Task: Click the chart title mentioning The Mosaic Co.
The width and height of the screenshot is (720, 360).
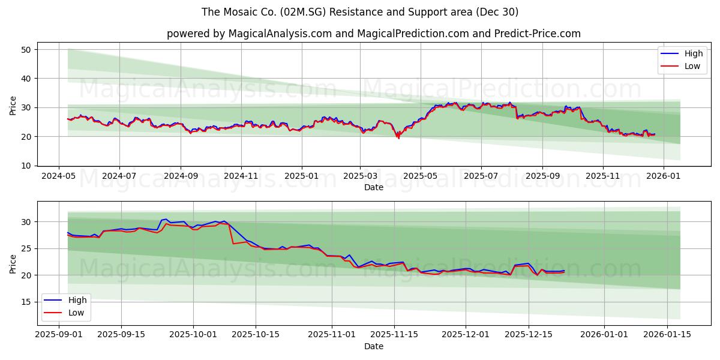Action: [360, 12]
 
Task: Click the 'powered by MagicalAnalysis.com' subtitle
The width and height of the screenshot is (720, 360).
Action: [373, 34]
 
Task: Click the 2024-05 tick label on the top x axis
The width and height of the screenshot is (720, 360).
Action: [58, 177]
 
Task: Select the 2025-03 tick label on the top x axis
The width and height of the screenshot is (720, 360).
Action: [360, 177]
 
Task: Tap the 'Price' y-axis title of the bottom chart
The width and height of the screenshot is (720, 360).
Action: [13, 263]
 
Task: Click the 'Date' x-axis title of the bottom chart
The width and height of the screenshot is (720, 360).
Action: [373, 346]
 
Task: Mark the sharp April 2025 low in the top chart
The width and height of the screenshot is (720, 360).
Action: [398, 138]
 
